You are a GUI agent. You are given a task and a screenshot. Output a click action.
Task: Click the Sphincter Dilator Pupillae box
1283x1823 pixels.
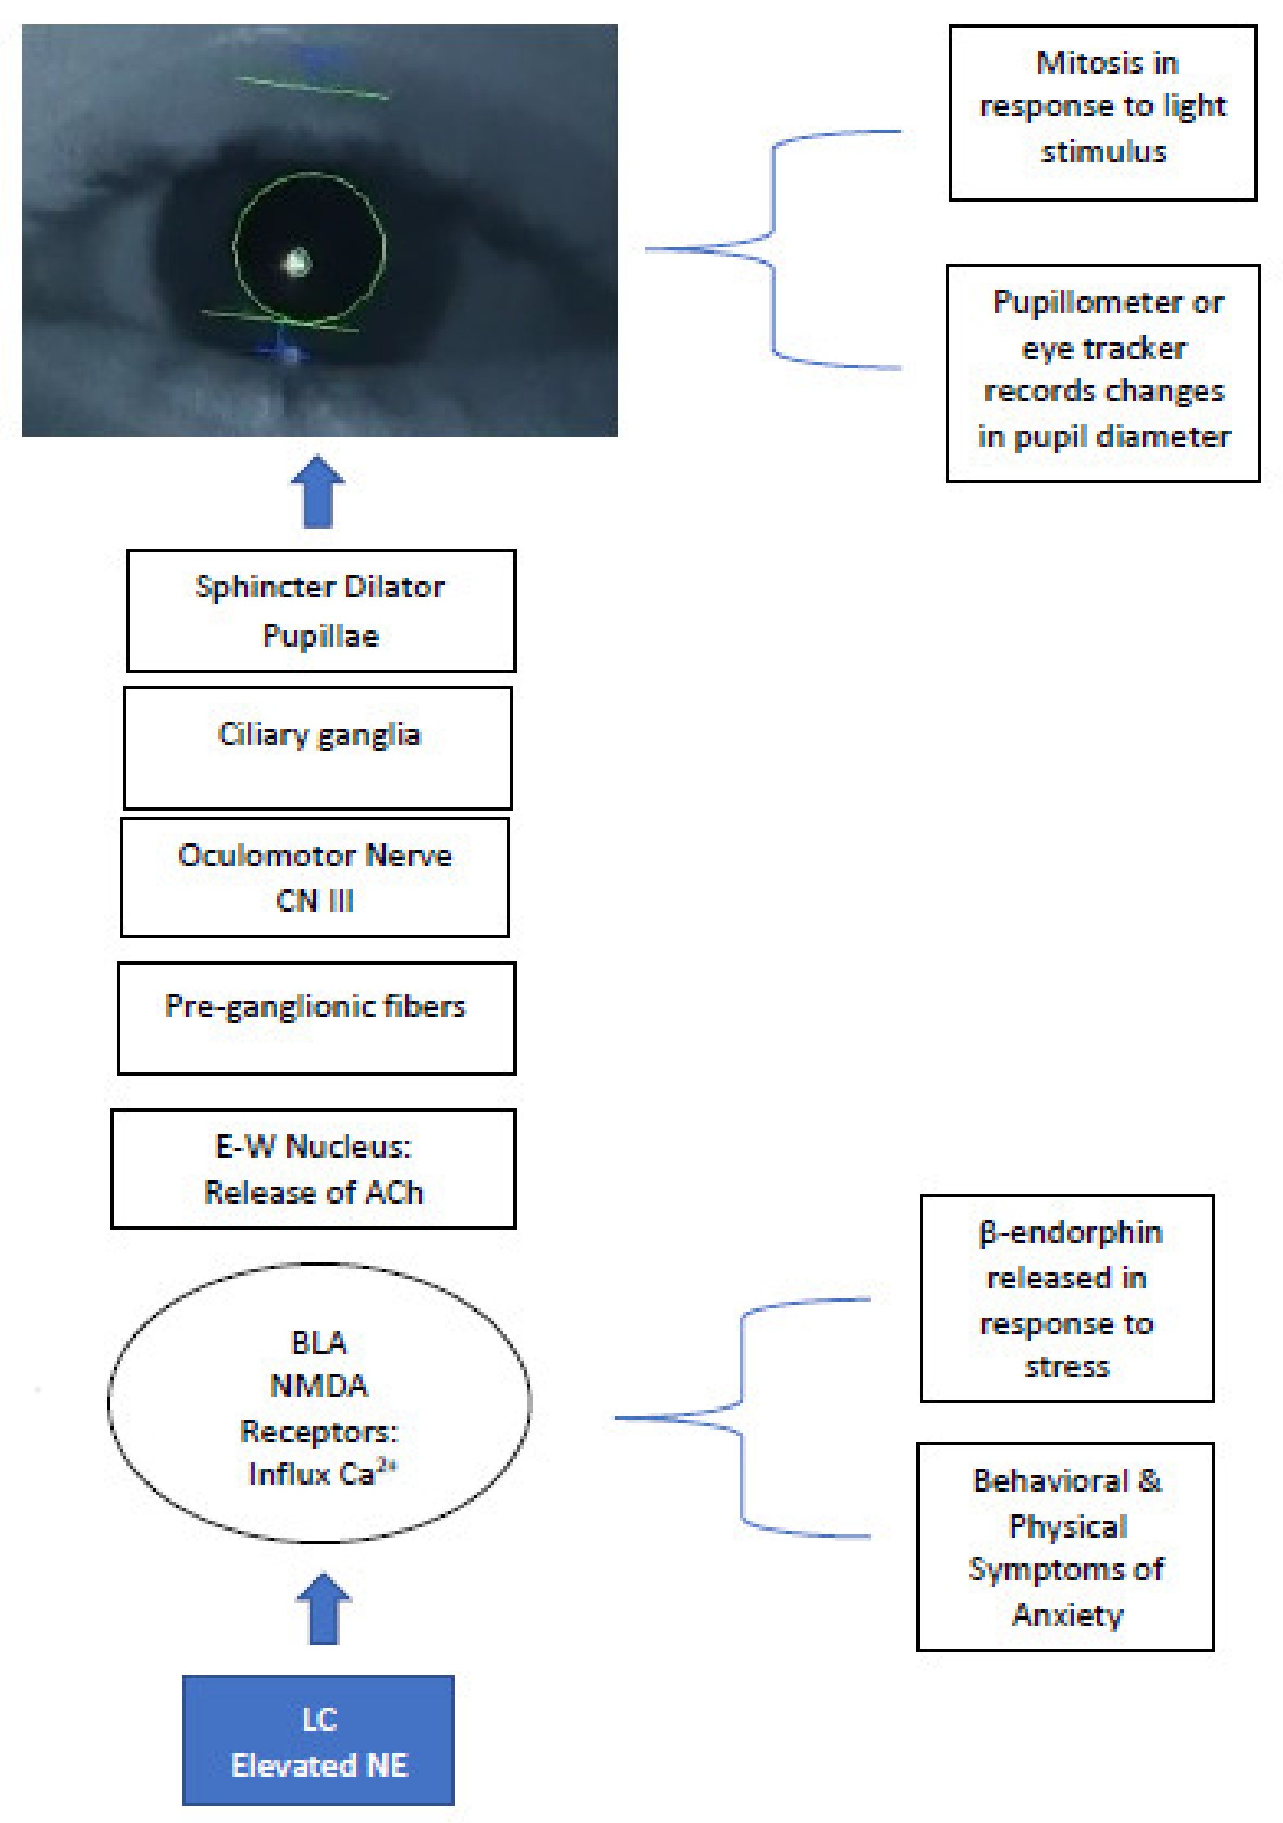point(321,610)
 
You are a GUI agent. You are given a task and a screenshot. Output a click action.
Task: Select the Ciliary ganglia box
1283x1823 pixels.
point(318,748)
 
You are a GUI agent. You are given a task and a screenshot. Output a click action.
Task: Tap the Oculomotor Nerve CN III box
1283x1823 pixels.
point(315,877)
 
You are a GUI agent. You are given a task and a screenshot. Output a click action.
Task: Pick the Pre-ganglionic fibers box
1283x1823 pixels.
point(316,1018)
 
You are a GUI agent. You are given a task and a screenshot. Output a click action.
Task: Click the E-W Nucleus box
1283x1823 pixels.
point(313,1169)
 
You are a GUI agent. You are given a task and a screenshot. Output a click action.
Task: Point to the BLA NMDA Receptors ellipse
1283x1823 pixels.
point(319,1403)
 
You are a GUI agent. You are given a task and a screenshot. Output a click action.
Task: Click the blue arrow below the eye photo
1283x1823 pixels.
point(318,492)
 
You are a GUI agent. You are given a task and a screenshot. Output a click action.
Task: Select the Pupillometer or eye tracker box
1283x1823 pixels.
point(1103,373)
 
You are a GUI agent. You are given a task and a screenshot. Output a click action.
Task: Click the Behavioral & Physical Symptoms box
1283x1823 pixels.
point(1066,1547)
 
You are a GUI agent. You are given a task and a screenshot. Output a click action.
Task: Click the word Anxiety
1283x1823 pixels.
point(1067,1615)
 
